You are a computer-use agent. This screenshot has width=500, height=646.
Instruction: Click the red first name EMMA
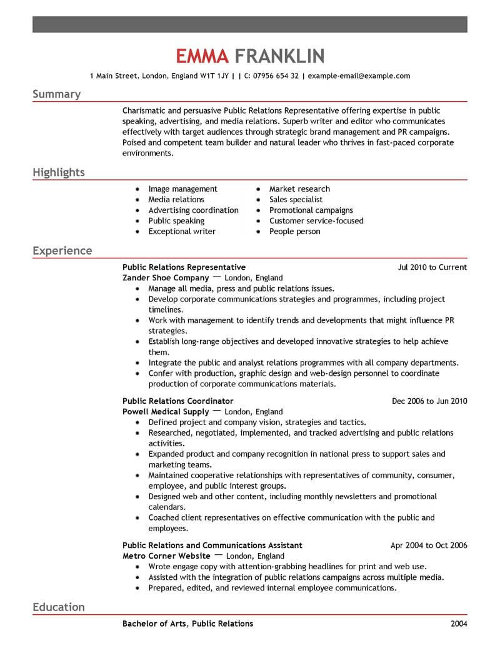point(202,57)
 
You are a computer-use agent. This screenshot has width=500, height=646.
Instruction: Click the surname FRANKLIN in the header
point(279,57)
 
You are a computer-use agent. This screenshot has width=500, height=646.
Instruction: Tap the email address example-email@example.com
point(359,76)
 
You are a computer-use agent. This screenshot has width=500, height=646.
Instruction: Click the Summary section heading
point(56,94)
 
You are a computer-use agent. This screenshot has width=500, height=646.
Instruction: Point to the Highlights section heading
point(59,172)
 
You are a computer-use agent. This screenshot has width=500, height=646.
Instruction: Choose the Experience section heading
point(62,251)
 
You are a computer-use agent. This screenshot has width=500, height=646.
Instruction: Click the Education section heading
point(59,607)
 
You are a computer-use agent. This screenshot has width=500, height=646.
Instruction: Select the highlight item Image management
point(182,188)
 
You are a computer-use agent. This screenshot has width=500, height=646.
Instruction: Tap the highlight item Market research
point(299,188)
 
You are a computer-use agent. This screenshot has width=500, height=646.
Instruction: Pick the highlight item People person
point(294,231)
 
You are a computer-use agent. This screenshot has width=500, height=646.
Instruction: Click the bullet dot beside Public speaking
point(137,221)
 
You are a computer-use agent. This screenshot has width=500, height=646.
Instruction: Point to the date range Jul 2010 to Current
point(432,267)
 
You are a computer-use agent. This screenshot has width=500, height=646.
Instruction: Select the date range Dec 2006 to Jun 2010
point(429,401)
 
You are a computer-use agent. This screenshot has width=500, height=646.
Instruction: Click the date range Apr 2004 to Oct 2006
point(429,545)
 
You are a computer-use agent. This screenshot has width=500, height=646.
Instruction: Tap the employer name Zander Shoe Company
point(166,278)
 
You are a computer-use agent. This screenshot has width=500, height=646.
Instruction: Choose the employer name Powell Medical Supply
point(166,412)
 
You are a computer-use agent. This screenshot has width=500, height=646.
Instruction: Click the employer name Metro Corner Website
point(166,555)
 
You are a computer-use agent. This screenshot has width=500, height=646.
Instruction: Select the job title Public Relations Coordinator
point(178,401)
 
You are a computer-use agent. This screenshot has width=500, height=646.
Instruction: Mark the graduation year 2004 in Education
point(458,624)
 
